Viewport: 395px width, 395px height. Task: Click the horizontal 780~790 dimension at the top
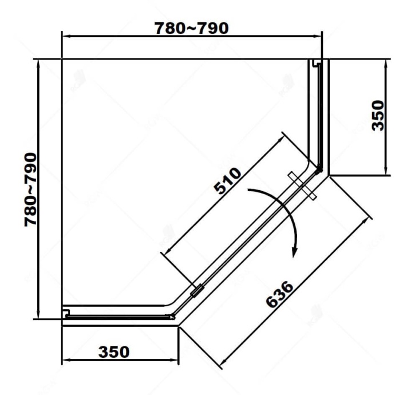pyautogui.click(x=192, y=28)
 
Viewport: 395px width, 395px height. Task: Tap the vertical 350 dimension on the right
pyautogui.click(x=377, y=116)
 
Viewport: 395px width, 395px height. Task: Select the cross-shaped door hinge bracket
pyautogui.click(x=302, y=185)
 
